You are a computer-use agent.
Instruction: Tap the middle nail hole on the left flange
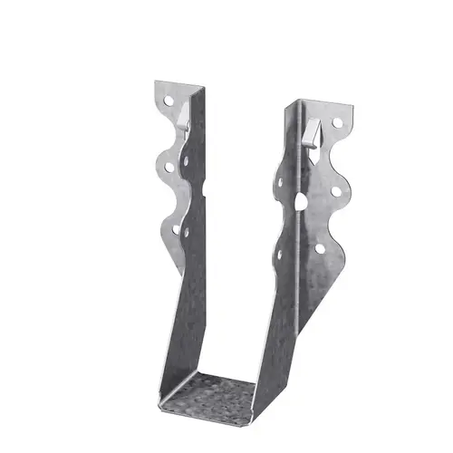coord(169,167)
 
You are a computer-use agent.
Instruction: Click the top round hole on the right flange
coord(337,122)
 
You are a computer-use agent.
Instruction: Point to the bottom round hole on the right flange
coord(320,247)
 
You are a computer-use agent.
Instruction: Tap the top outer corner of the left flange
coord(156,83)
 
